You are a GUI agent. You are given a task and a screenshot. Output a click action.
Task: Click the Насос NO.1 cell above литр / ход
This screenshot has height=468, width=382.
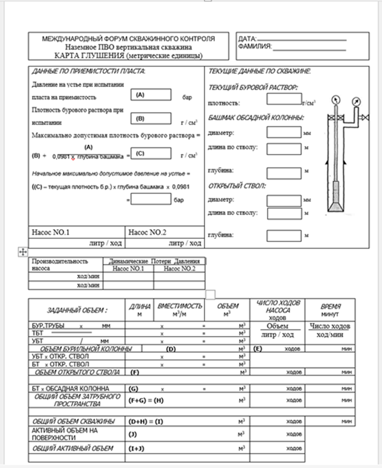[77, 232]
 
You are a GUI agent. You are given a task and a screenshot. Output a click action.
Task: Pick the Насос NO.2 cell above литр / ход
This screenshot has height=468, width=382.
[165, 232]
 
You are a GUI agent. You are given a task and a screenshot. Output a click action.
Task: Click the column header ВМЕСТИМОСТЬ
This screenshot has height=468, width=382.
[180, 306]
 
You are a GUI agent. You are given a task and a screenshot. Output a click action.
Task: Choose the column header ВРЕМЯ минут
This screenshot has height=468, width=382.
[330, 310]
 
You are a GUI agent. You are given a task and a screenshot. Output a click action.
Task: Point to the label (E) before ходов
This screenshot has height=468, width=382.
[257, 348]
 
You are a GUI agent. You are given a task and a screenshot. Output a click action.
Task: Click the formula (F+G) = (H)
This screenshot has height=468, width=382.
[146, 400]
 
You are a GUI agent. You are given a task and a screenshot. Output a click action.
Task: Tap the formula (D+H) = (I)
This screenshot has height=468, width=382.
[146, 422]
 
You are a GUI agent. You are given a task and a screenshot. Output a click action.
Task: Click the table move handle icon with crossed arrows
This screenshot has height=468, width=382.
[22, 252]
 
